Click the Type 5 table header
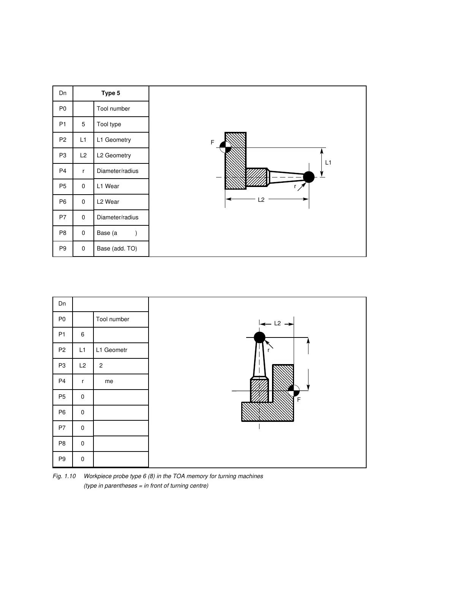pos(111,93)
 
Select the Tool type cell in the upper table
pos(109,124)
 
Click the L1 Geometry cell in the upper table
pos(114,140)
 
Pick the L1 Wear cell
pos(108,186)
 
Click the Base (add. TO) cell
pos(117,249)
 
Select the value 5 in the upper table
pos(83,124)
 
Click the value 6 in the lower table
pos(82,334)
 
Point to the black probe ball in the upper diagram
pos(309,177)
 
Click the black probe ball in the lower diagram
pos(259,337)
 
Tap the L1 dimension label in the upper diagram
pos(328,163)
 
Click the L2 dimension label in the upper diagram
pos(261,200)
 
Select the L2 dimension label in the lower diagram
pos(277,323)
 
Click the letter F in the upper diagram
pos(212,143)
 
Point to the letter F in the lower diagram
pos(299,400)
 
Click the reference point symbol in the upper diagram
pos(225,147)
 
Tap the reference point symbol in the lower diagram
pos(294,390)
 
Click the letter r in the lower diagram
pos(268,350)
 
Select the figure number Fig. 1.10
pos(65,476)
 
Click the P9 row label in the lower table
pos(62,459)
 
